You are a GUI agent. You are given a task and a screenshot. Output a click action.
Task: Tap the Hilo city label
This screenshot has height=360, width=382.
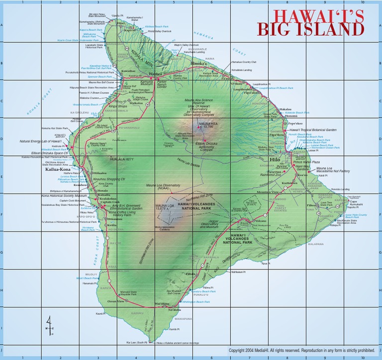point(275,160)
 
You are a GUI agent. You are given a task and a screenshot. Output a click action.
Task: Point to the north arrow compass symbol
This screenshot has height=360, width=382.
point(49,326)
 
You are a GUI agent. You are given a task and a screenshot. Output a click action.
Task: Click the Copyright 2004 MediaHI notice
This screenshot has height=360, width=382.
point(301,351)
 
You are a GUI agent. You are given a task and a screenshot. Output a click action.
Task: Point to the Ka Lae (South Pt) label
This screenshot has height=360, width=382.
point(137,343)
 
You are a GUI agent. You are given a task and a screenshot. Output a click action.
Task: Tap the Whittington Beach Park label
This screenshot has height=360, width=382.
point(195,302)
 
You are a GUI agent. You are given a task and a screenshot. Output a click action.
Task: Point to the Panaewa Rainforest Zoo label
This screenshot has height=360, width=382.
point(275,173)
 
